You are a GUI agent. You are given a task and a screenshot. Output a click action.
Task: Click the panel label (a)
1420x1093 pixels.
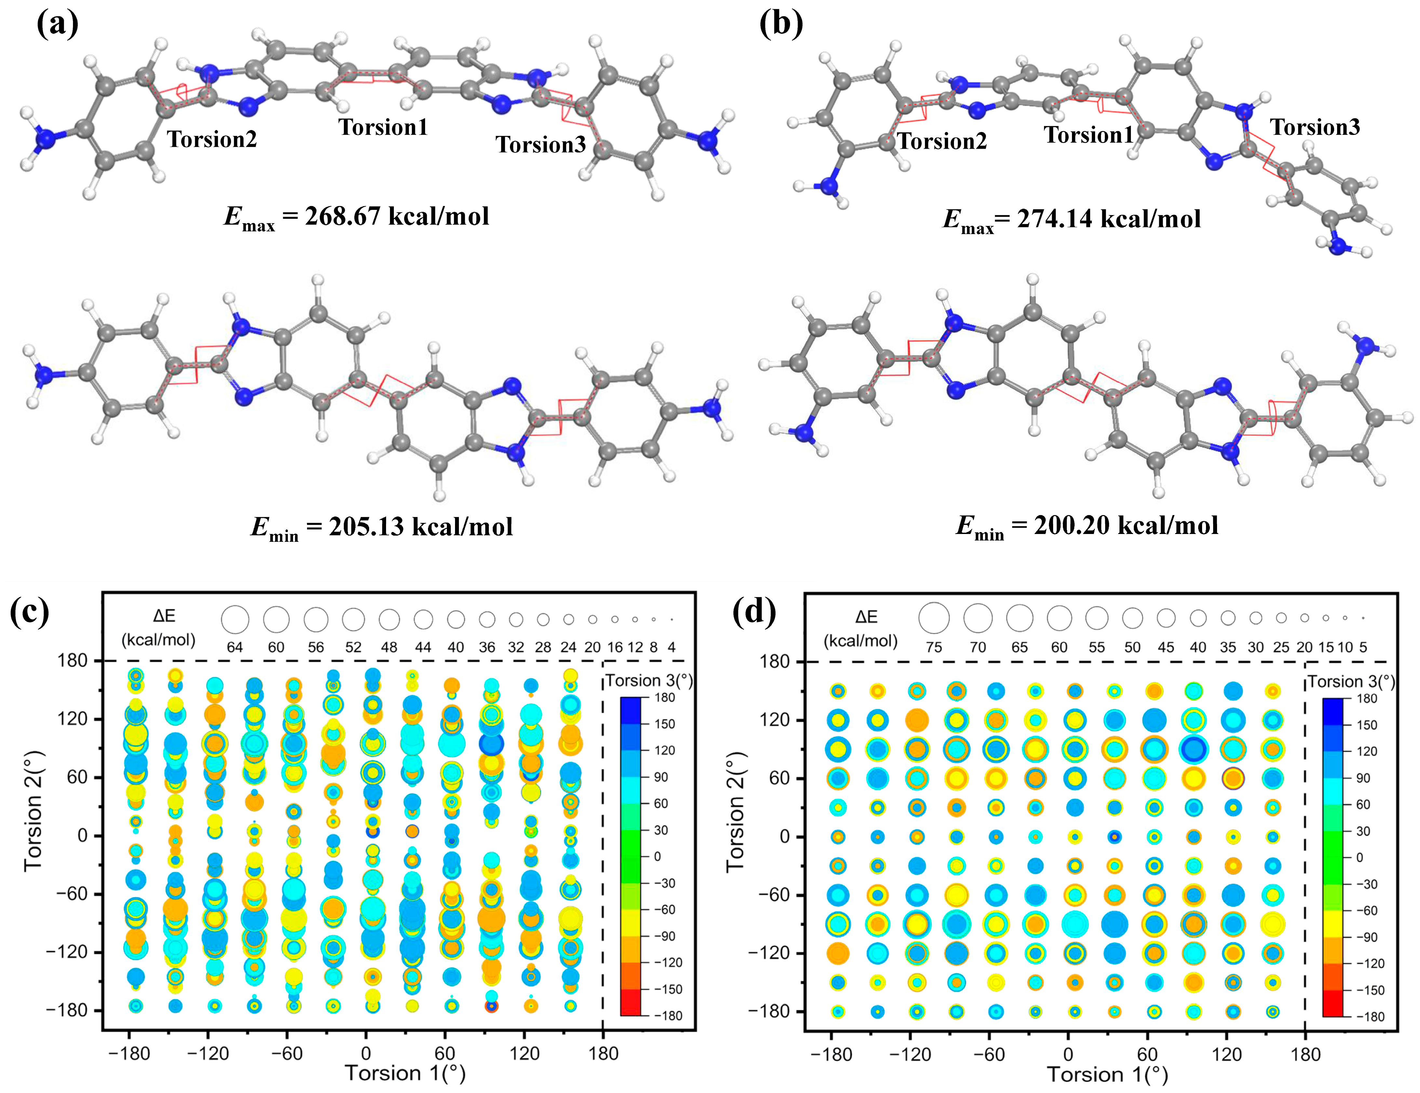pyautogui.click(x=57, y=25)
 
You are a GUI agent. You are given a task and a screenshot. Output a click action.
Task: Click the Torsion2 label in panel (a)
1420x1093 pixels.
pyautogui.click(x=212, y=139)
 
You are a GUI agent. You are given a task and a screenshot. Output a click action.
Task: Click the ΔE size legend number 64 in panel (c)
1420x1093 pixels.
pyautogui.click(x=235, y=647)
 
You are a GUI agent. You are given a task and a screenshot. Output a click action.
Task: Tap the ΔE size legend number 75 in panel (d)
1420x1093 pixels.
pyautogui.click(x=934, y=647)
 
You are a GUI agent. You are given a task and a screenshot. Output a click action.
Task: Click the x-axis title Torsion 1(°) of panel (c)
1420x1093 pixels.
pyautogui.click(x=404, y=1073)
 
